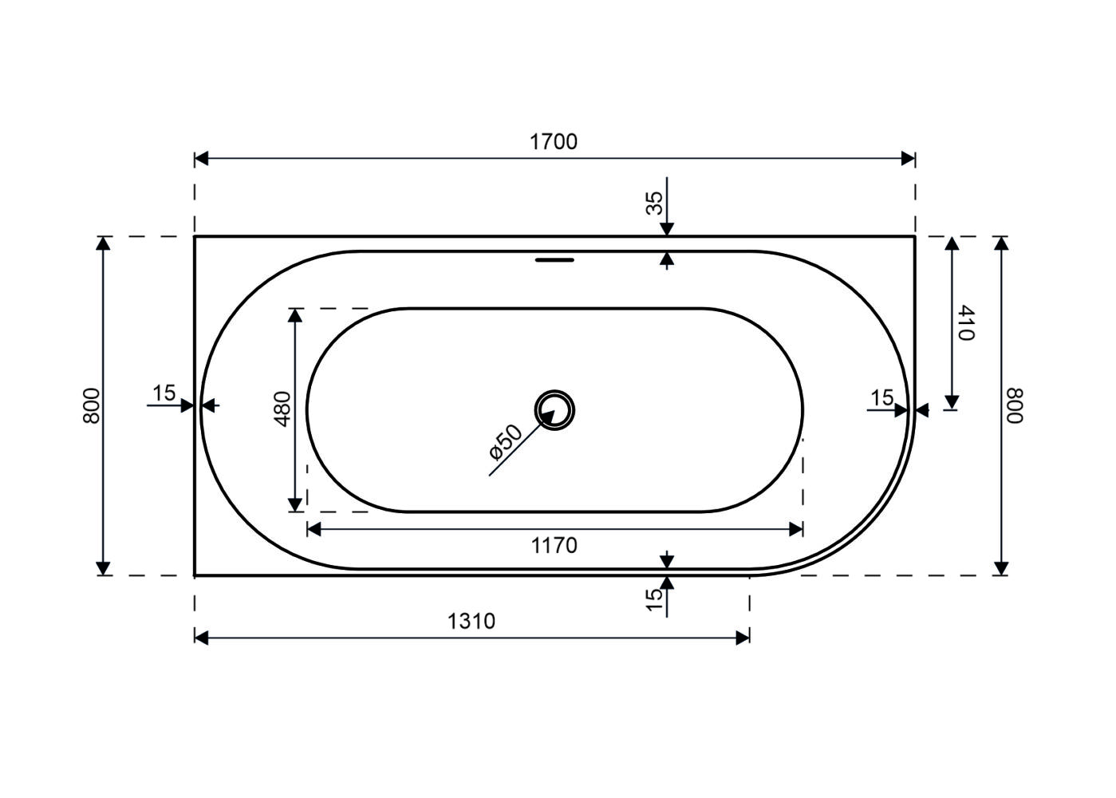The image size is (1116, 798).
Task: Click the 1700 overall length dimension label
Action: pyautogui.click(x=553, y=142)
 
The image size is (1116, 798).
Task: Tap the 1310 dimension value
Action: pyautogui.click(x=471, y=621)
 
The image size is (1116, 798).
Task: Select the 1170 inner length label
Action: pyautogui.click(x=554, y=546)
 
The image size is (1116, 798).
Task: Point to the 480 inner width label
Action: pyautogui.click(x=283, y=409)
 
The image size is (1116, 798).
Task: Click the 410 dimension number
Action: pyautogui.click(x=966, y=322)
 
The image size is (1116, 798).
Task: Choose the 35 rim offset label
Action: pyautogui.click(x=655, y=203)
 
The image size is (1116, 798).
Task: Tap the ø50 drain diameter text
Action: pyautogui.click(x=505, y=441)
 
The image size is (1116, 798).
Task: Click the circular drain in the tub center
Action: pyautogui.click(x=554, y=410)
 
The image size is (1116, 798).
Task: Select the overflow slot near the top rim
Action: pyautogui.click(x=554, y=259)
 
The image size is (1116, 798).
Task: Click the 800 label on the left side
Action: pyautogui.click(x=92, y=405)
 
